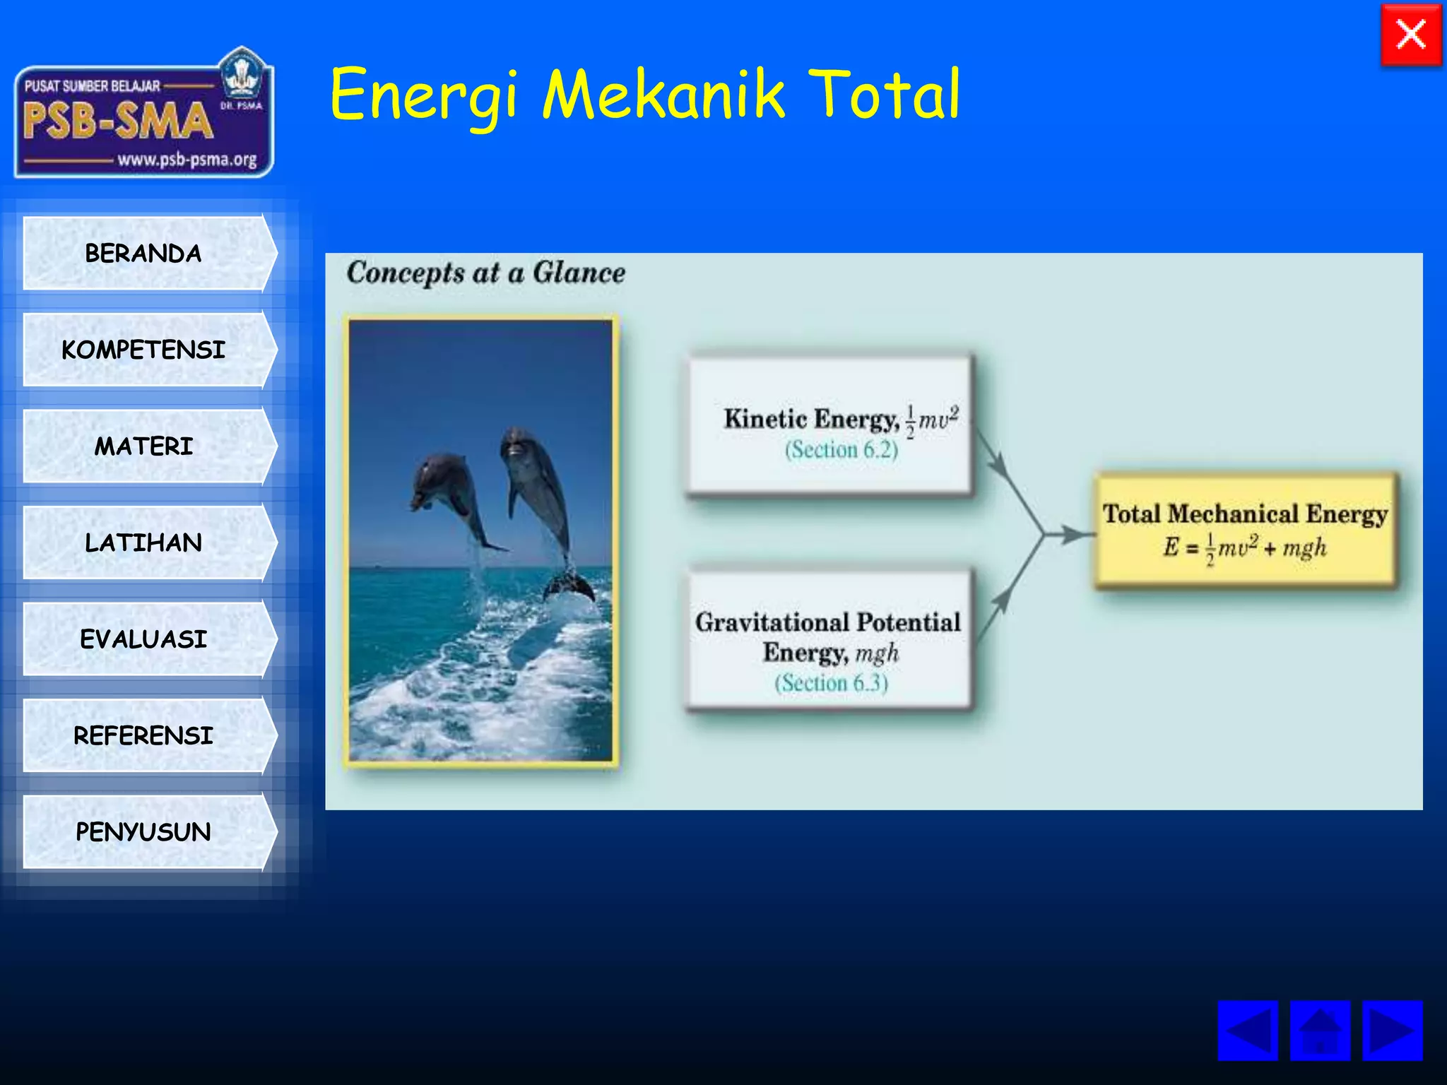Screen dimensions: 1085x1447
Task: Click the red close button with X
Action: (1411, 35)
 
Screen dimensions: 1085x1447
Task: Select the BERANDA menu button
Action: (143, 253)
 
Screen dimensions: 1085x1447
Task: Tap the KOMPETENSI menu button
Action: (143, 350)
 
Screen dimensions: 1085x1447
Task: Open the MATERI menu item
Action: (143, 446)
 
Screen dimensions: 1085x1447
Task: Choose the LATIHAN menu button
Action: (143, 542)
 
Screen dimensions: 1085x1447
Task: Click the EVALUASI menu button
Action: (143, 639)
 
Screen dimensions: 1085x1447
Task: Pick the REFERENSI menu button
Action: (143, 735)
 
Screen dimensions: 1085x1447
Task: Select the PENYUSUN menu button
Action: (143, 831)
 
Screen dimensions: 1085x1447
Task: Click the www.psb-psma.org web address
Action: (187, 160)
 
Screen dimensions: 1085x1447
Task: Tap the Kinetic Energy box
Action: (829, 425)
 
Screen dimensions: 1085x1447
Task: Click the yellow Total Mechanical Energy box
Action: (1246, 530)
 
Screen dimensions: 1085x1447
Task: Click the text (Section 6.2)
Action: (841, 450)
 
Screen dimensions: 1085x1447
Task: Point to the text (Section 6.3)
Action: (831, 683)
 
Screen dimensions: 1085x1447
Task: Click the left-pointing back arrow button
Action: (1248, 1031)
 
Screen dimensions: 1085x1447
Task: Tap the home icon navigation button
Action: (1320, 1031)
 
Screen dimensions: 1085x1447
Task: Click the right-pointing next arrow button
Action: (1392, 1031)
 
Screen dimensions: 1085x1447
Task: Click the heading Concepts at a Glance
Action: (485, 273)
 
